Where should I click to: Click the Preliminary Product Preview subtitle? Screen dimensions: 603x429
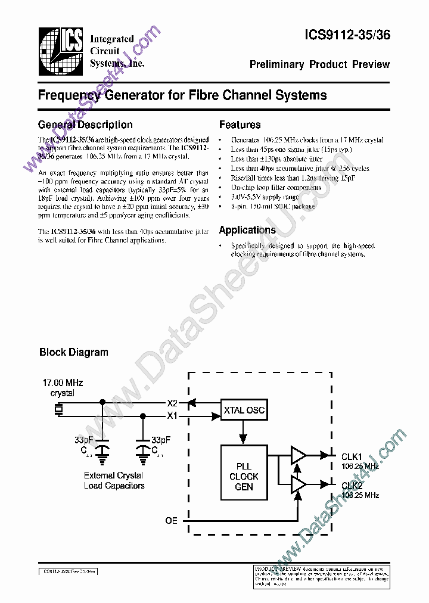[x=319, y=64]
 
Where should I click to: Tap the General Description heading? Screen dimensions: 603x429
[x=85, y=125]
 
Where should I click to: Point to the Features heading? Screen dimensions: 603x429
[x=240, y=125]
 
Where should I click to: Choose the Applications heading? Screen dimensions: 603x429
[x=247, y=230]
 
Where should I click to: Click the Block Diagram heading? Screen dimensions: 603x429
[x=74, y=352]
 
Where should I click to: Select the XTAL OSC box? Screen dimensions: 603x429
[x=244, y=411]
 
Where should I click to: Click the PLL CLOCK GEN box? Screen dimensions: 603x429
[x=244, y=477]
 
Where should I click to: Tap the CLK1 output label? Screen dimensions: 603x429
[x=352, y=456]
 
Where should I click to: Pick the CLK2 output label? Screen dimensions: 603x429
[x=352, y=486]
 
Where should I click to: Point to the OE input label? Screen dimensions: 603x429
[x=171, y=520]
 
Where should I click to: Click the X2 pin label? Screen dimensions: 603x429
[x=172, y=403]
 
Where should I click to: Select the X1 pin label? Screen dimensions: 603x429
[x=172, y=415]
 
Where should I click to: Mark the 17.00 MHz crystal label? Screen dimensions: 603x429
[x=63, y=388]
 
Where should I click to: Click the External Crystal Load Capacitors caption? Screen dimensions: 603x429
[x=114, y=481]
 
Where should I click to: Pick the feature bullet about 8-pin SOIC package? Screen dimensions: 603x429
[x=273, y=206]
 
